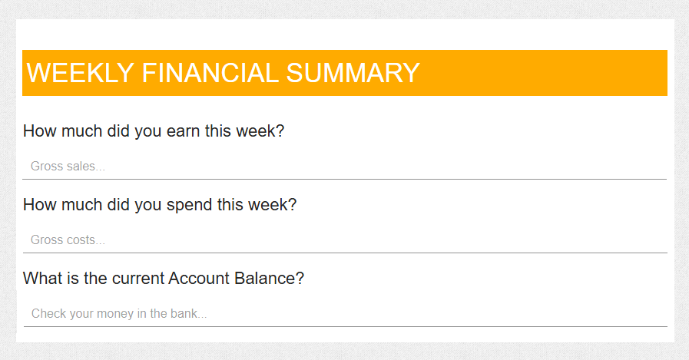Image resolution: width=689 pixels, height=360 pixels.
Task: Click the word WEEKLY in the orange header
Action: pos(81,73)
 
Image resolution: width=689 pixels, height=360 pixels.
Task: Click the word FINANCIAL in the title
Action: pos(210,73)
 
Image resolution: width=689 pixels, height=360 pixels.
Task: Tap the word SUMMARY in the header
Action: pos(353,73)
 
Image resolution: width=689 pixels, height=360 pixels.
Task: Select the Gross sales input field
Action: pos(344,167)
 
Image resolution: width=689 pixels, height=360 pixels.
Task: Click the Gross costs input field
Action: pos(345,240)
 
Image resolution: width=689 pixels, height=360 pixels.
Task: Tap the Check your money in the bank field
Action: pos(346,314)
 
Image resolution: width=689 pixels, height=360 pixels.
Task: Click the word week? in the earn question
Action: pos(260,130)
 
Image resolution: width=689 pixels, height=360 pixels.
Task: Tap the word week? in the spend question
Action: pos(273,205)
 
